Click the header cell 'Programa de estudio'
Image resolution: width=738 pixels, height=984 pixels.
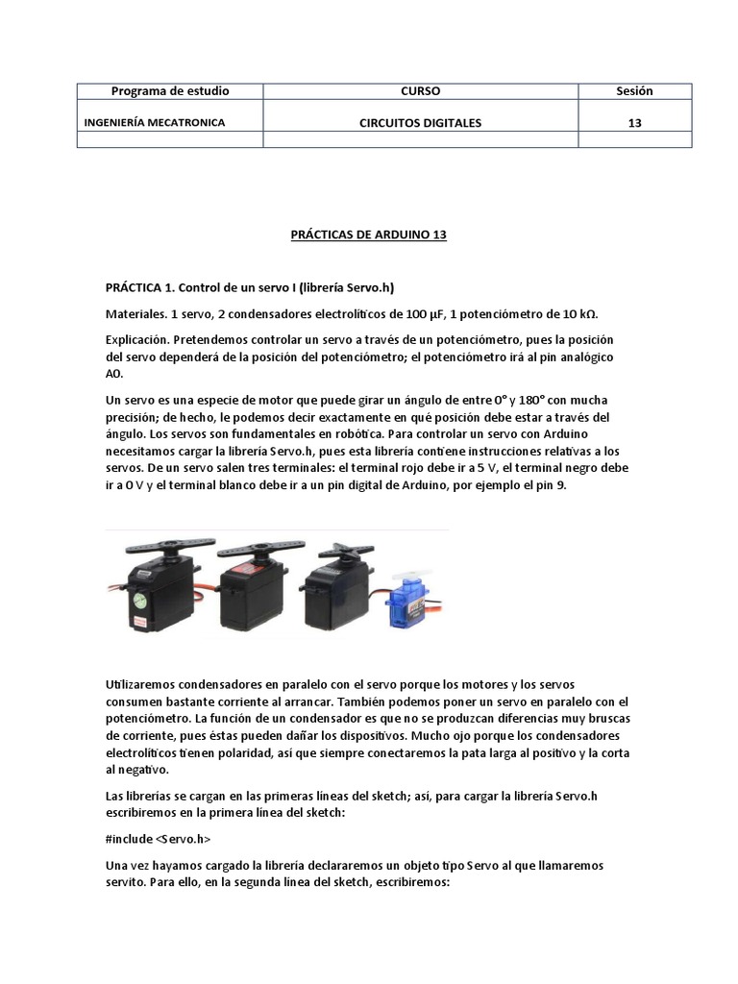[170, 91]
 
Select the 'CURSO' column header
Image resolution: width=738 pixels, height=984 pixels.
[420, 91]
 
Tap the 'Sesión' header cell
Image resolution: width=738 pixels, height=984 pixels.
[634, 91]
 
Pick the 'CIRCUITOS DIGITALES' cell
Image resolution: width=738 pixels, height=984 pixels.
[420, 123]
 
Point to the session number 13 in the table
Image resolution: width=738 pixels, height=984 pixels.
[634, 123]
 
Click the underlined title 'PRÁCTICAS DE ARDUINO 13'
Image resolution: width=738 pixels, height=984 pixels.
[369, 234]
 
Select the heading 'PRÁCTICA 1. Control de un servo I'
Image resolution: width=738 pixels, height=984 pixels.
[250, 287]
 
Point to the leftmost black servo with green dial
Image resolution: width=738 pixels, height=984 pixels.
[154, 586]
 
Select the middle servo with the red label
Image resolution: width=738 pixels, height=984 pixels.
[252, 586]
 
